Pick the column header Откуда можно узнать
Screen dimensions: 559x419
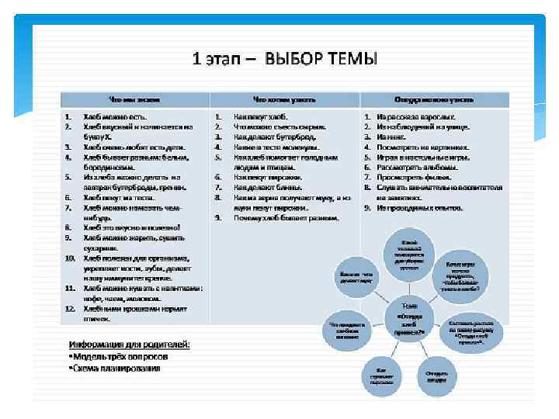pyautogui.click(x=433, y=100)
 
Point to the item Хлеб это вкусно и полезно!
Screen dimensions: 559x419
pyautogui.click(x=132, y=227)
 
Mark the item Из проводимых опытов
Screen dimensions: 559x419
pyautogui.click(x=420, y=207)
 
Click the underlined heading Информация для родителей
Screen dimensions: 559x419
pyautogui.click(x=129, y=344)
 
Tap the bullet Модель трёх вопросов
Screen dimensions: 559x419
pyautogui.click(x=118, y=356)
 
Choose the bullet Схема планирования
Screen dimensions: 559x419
pyautogui.click(x=115, y=368)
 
